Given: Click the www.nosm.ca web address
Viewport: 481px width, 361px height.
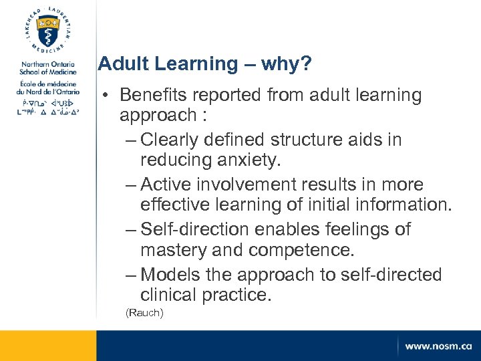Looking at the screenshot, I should pyautogui.click(x=438, y=346).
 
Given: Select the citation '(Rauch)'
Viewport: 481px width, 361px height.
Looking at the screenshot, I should pyautogui.click(x=145, y=313).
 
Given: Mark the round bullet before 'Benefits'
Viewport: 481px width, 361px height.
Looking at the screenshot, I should pyautogui.click(x=106, y=96).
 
